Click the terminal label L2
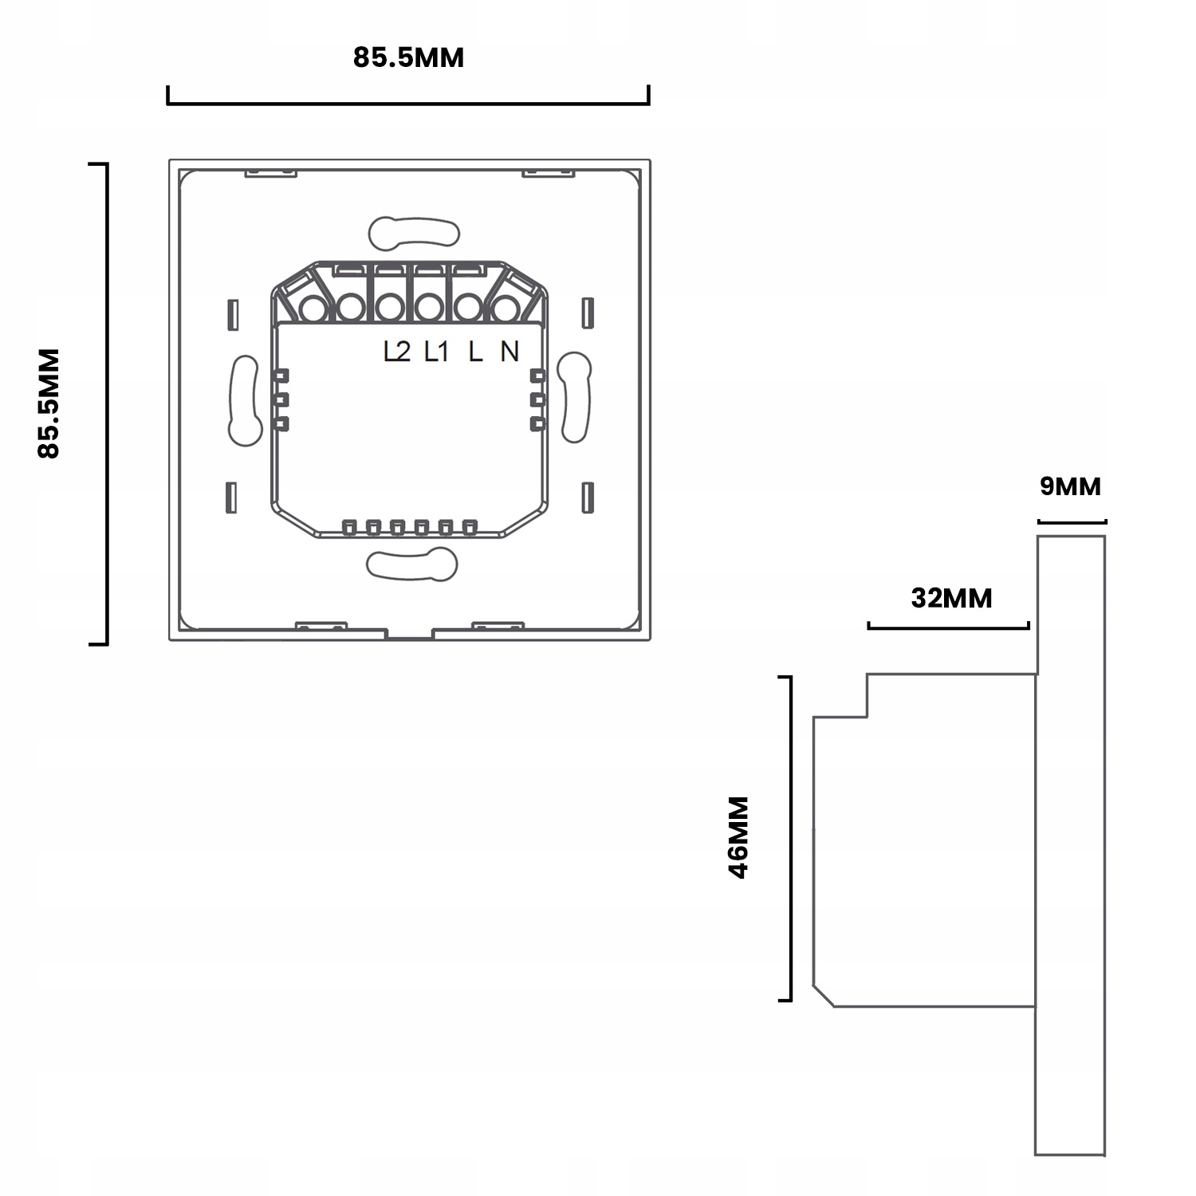pyautogui.click(x=396, y=351)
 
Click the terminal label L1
pyautogui.click(x=436, y=351)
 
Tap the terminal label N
pyautogui.click(x=509, y=351)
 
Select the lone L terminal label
pyautogui.click(x=475, y=351)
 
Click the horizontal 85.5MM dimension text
pyautogui.click(x=408, y=58)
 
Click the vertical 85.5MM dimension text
pyautogui.click(x=49, y=403)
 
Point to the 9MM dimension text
pyautogui.click(x=1070, y=486)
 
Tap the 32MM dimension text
pyautogui.click(x=951, y=597)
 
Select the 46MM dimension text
pyautogui.click(x=739, y=836)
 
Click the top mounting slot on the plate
pyautogui.click(x=415, y=232)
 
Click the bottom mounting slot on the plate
pyautogui.click(x=412, y=565)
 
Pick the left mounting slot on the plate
pyautogui.click(x=245, y=399)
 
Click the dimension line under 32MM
pyautogui.click(x=949, y=628)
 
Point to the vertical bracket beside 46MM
pyautogui.click(x=789, y=838)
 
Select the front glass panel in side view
pyautogui.click(x=1070, y=845)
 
